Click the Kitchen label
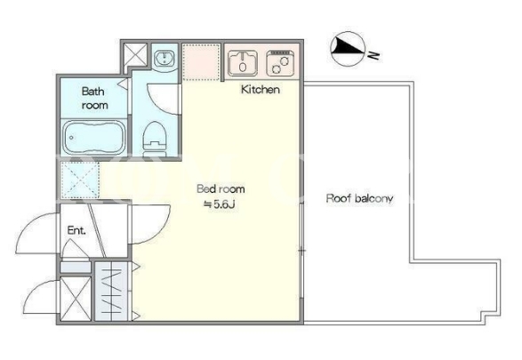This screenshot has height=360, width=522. tap(260, 90)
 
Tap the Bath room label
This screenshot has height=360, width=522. tap(94, 98)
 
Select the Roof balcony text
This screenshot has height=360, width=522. tap(359, 198)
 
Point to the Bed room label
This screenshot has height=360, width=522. tap(221, 188)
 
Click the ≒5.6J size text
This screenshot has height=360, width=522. tap(220, 204)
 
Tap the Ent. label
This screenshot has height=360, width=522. tap(76, 230)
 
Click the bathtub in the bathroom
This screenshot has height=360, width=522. tap(94, 137)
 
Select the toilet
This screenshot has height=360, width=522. tap(155, 139)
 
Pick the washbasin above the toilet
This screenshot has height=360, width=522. tap(164, 59)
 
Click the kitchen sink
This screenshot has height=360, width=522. tap(243, 63)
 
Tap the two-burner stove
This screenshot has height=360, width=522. tap(280, 63)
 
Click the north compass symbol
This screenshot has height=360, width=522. tap(348, 49)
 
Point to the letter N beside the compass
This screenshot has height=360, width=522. tap(374, 55)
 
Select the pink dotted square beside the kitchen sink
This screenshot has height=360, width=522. tap(201, 62)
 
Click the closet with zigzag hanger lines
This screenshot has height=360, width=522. tap(111, 292)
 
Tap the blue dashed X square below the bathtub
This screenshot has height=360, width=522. tap(80, 180)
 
